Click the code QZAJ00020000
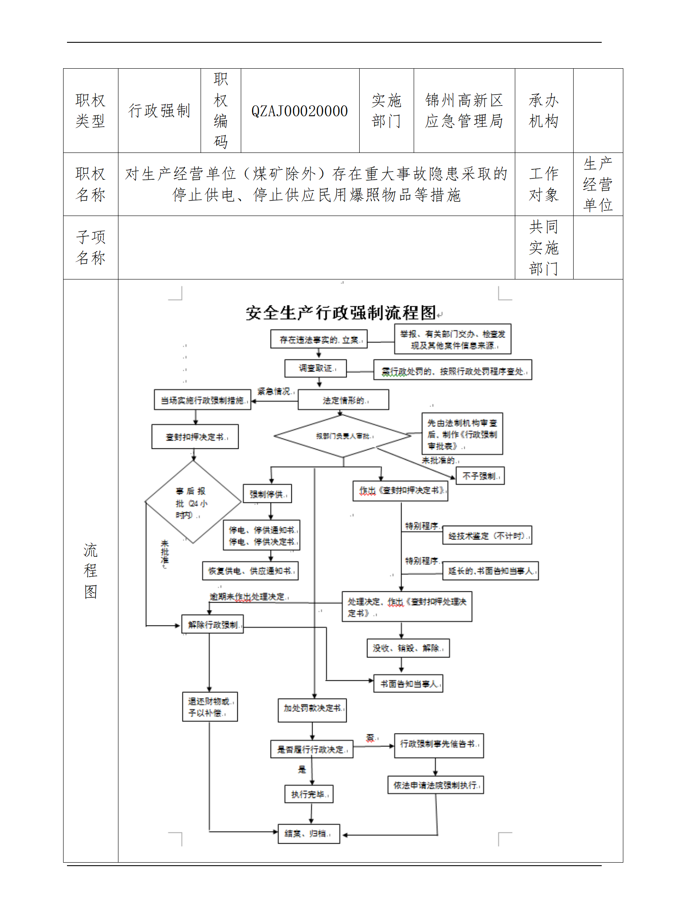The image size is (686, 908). [x=300, y=111]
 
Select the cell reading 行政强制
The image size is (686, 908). [x=159, y=111]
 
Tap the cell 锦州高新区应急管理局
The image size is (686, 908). [x=464, y=111]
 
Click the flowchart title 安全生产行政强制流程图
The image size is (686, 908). [x=341, y=313]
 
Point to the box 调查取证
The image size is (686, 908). [x=316, y=368]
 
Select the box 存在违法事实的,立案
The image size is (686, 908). [x=319, y=340]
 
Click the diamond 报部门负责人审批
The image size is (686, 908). [x=343, y=436]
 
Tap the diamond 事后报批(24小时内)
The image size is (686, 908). [x=193, y=502]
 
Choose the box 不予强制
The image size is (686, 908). [x=480, y=476]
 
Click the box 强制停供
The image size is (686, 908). [x=268, y=494]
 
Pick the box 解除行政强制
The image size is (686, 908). [x=213, y=625]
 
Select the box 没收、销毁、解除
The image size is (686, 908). [x=408, y=648]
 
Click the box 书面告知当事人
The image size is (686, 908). [x=408, y=684]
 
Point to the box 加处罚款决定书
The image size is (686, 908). [x=312, y=708]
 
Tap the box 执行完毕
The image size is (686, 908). [x=309, y=794]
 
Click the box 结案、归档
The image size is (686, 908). [x=309, y=833]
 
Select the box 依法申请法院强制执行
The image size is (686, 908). [x=435, y=785]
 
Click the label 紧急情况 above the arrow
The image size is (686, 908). [x=274, y=391]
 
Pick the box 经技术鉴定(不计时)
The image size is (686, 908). [x=487, y=536]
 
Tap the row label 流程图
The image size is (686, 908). [x=90, y=571]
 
